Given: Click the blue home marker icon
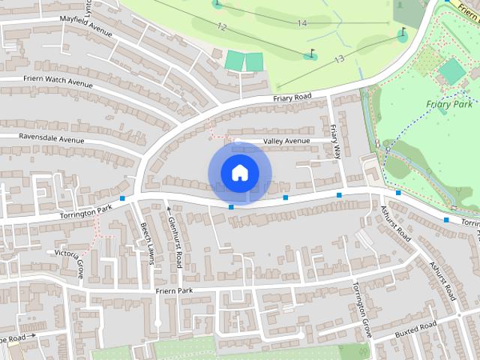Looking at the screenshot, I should tap(239, 173).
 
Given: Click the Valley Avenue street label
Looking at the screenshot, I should tap(286, 141).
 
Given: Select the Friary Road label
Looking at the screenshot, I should tap(291, 98).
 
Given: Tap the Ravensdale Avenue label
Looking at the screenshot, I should tap(42, 139).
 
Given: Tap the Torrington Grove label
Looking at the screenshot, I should tap(362, 309).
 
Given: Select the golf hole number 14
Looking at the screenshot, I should tap(301, 23).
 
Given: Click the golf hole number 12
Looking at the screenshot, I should tap(221, 26).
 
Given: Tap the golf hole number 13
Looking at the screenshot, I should tap(338, 58).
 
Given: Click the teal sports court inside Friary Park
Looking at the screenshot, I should tap(451, 71).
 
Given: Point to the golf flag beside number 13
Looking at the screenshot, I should tap(311, 54).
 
